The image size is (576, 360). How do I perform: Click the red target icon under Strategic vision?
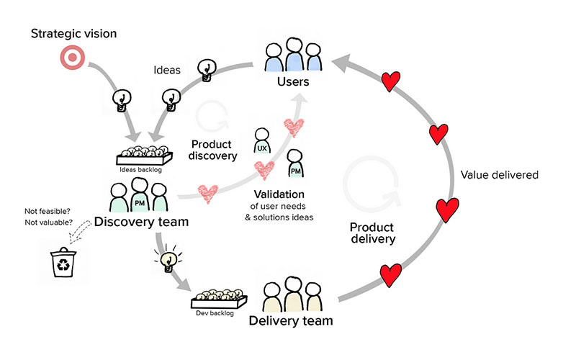pos(73,58)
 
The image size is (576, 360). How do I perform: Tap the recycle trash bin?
pos(63,262)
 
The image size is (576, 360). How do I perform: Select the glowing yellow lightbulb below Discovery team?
pos(168,258)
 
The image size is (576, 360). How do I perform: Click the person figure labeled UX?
pos(262,140)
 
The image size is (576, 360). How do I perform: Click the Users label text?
pos(293,81)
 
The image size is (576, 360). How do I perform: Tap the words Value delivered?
pos(500,175)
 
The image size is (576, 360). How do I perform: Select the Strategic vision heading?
pos(74,34)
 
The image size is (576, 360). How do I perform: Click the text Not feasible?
pos(48,211)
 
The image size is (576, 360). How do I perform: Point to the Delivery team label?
pos(291,320)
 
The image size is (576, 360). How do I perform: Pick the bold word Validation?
pos(279,194)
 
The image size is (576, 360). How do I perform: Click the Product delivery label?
pos(372,233)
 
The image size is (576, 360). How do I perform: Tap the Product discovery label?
pos(212,150)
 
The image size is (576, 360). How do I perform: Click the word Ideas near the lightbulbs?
pos(167,70)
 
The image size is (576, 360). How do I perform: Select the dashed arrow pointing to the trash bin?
pos(81,231)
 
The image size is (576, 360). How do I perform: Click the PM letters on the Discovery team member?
pos(140,203)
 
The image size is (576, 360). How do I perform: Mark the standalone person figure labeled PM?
pos(295,164)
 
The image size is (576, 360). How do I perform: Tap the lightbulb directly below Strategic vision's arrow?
pos(121,101)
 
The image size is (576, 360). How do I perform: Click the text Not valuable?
pos(48,222)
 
